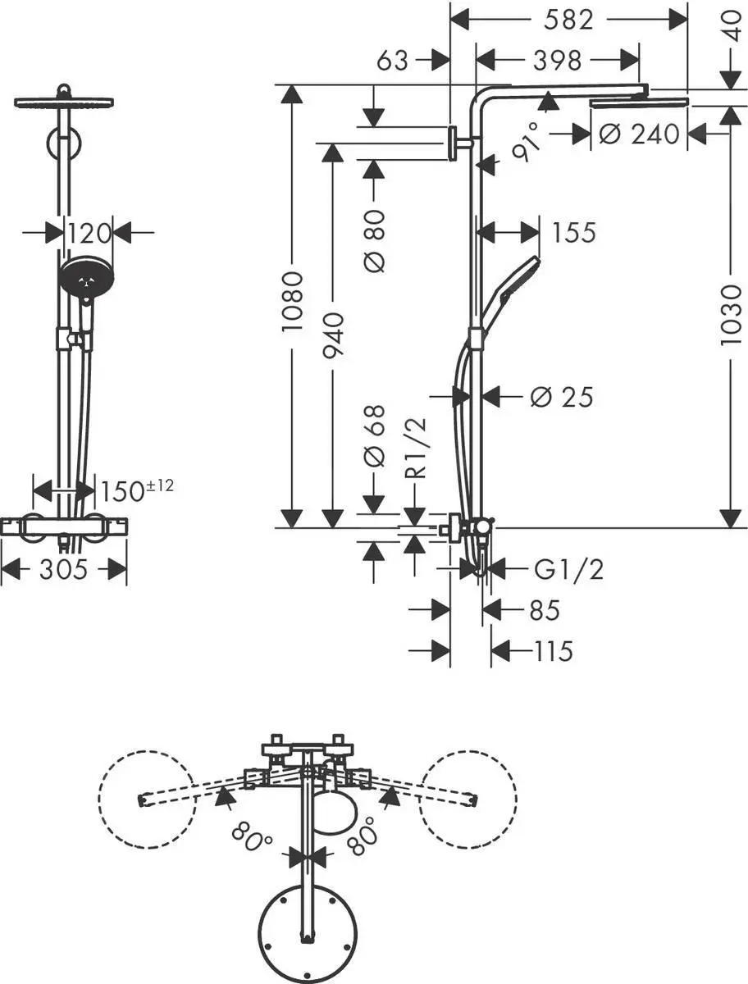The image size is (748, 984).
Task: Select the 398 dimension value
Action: coord(556,60)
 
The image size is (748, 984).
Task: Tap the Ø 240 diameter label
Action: coord(640,133)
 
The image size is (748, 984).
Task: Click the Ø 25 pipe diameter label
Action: coord(561,397)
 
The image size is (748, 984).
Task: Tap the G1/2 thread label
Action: coord(568,568)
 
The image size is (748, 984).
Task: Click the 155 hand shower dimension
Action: coord(573,233)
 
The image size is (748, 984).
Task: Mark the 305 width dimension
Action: coord(63,568)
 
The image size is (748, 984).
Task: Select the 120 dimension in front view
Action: coord(89,234)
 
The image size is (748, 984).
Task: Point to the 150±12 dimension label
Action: coord(137,490)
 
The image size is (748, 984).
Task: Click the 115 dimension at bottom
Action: coord(552,651)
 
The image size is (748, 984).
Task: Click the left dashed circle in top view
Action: coord(148,799)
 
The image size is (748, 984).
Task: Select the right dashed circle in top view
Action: coord(468,799)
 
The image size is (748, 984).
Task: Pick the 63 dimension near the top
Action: coord(392,60)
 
